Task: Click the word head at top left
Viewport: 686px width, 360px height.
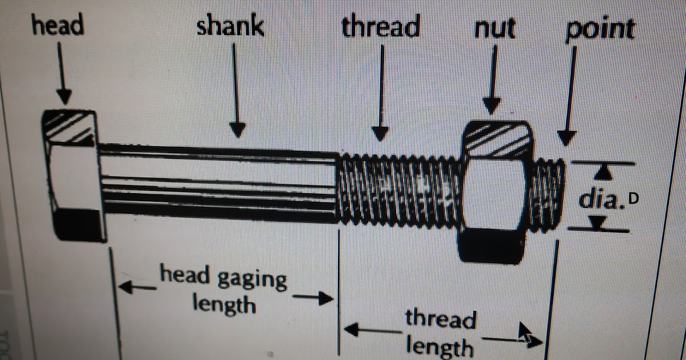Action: tap(58, 26)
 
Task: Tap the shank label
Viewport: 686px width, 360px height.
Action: tap(230, 27)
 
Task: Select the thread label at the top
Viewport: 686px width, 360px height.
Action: tap(380, 27)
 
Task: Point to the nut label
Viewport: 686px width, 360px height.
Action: tap(494, 29)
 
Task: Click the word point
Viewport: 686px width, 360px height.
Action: tap(600, 30)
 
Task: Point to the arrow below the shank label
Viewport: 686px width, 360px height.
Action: tap(237, 91)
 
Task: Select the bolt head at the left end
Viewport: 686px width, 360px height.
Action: tap(71, 174)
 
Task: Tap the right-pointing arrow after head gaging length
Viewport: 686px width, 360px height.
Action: tap(312, 298)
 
